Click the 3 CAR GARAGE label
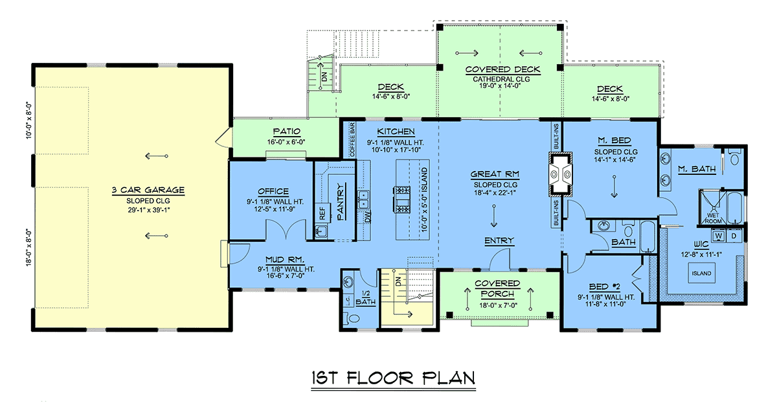pos(148,190)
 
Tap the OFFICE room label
pos(273,191)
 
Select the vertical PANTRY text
pos(341,202)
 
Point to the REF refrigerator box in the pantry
pos(322,213)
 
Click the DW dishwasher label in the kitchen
pos(367,217)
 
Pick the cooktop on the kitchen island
pos(401,200)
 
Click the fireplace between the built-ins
pos(559,174)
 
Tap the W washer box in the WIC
pos(718,236)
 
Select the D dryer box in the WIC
pos(734,236)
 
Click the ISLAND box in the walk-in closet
pos(701,273)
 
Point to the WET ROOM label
pos(714,218)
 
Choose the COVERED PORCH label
pos(497,288)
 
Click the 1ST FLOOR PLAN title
pos(394,378)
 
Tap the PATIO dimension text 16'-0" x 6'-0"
pos(286,142)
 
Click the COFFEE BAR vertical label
pos(352,139)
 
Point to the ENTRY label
pos(499,240)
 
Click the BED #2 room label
pos(605,287)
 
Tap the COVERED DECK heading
pos(502,69)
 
